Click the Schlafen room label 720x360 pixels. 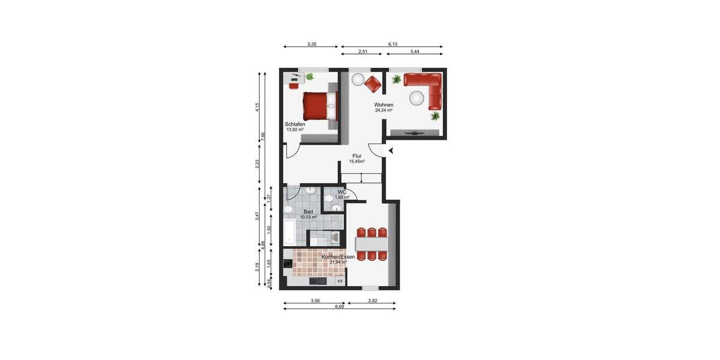(295, 124)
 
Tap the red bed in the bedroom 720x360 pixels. (319, 106)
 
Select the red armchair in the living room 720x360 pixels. (374, 84)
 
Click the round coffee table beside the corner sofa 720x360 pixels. (417, 98)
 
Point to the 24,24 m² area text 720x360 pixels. (383, 110)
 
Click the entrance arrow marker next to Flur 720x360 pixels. (391, 151)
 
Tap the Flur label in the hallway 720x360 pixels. (357, 156)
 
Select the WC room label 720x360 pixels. (341, 192)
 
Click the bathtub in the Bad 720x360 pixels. (289, 233)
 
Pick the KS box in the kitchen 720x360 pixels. (340, 281)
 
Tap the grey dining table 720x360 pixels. (372, 244)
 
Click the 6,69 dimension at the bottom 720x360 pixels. (340, 306)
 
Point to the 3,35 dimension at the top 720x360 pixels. (312, 44)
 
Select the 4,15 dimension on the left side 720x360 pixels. (257, 107)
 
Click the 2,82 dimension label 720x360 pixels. (372, 300)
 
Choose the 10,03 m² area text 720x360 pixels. (308, 217)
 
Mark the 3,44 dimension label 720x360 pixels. (415, 52)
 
